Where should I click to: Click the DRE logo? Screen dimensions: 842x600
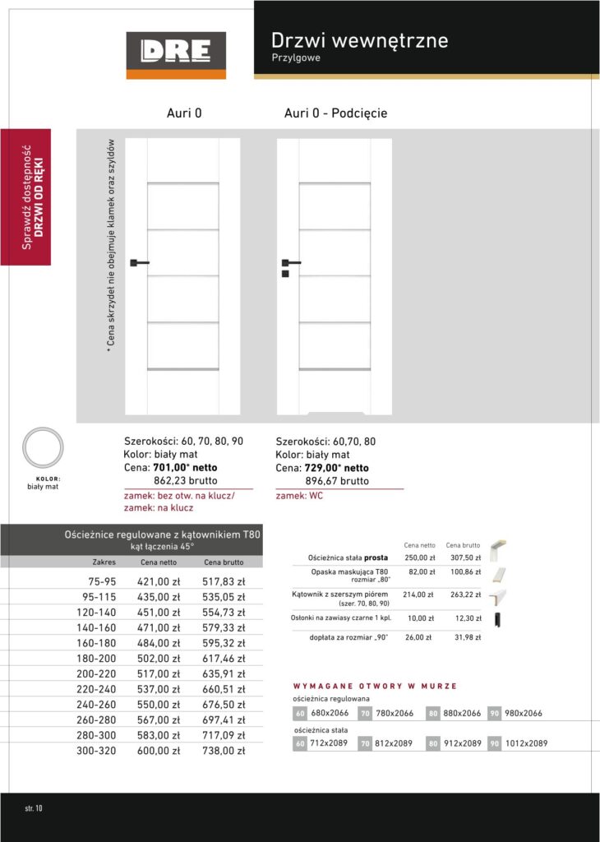176,54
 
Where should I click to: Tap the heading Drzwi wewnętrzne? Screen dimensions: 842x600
359,40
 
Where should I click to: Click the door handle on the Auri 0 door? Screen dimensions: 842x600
138,263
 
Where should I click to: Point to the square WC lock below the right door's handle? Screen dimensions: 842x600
284,274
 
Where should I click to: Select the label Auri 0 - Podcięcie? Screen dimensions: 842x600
335,113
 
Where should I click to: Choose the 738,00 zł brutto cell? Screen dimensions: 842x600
224,752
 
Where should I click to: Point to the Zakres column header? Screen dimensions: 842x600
104,562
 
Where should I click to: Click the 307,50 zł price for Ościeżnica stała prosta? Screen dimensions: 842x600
464,557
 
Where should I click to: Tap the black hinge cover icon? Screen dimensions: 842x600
496,620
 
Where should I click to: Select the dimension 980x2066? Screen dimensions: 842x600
524,713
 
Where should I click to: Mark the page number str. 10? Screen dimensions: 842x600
34,808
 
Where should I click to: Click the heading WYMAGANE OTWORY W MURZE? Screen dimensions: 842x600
375,686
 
